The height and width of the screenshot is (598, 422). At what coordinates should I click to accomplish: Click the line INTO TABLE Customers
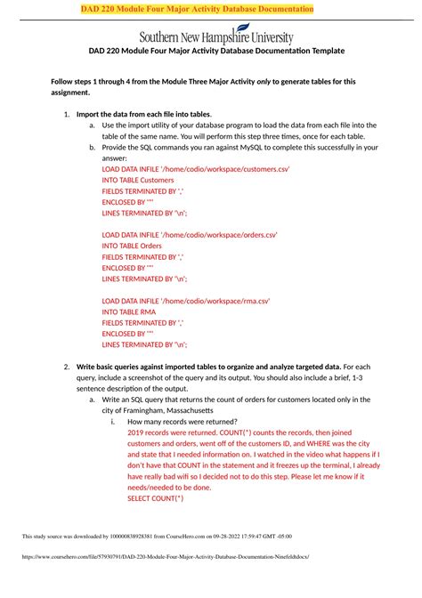pos(138,155)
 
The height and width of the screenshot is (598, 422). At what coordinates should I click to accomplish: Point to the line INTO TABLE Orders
pos(132,246)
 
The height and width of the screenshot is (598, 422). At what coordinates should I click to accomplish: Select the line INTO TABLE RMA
pos(129,312)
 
